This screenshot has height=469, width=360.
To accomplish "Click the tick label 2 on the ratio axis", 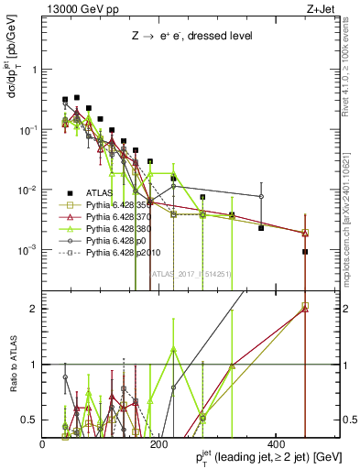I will pos(36,309).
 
